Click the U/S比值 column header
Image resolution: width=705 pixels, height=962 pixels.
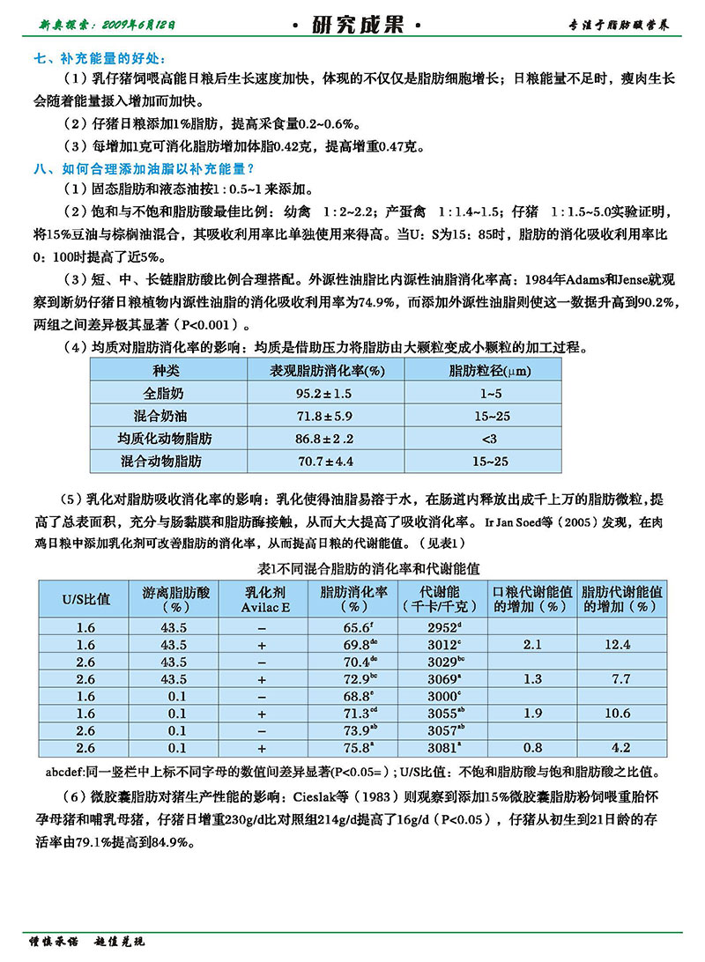[x=85, y=599]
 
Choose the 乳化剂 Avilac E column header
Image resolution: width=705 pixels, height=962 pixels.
[x=262, y=599]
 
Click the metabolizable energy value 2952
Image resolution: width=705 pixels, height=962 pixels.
[x=442, y=629]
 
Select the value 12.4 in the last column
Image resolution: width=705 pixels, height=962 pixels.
[x=621, y=646]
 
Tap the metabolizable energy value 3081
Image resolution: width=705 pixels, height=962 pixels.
[x=442, y=748]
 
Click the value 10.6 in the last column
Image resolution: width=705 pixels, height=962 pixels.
[x=621, y=714]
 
